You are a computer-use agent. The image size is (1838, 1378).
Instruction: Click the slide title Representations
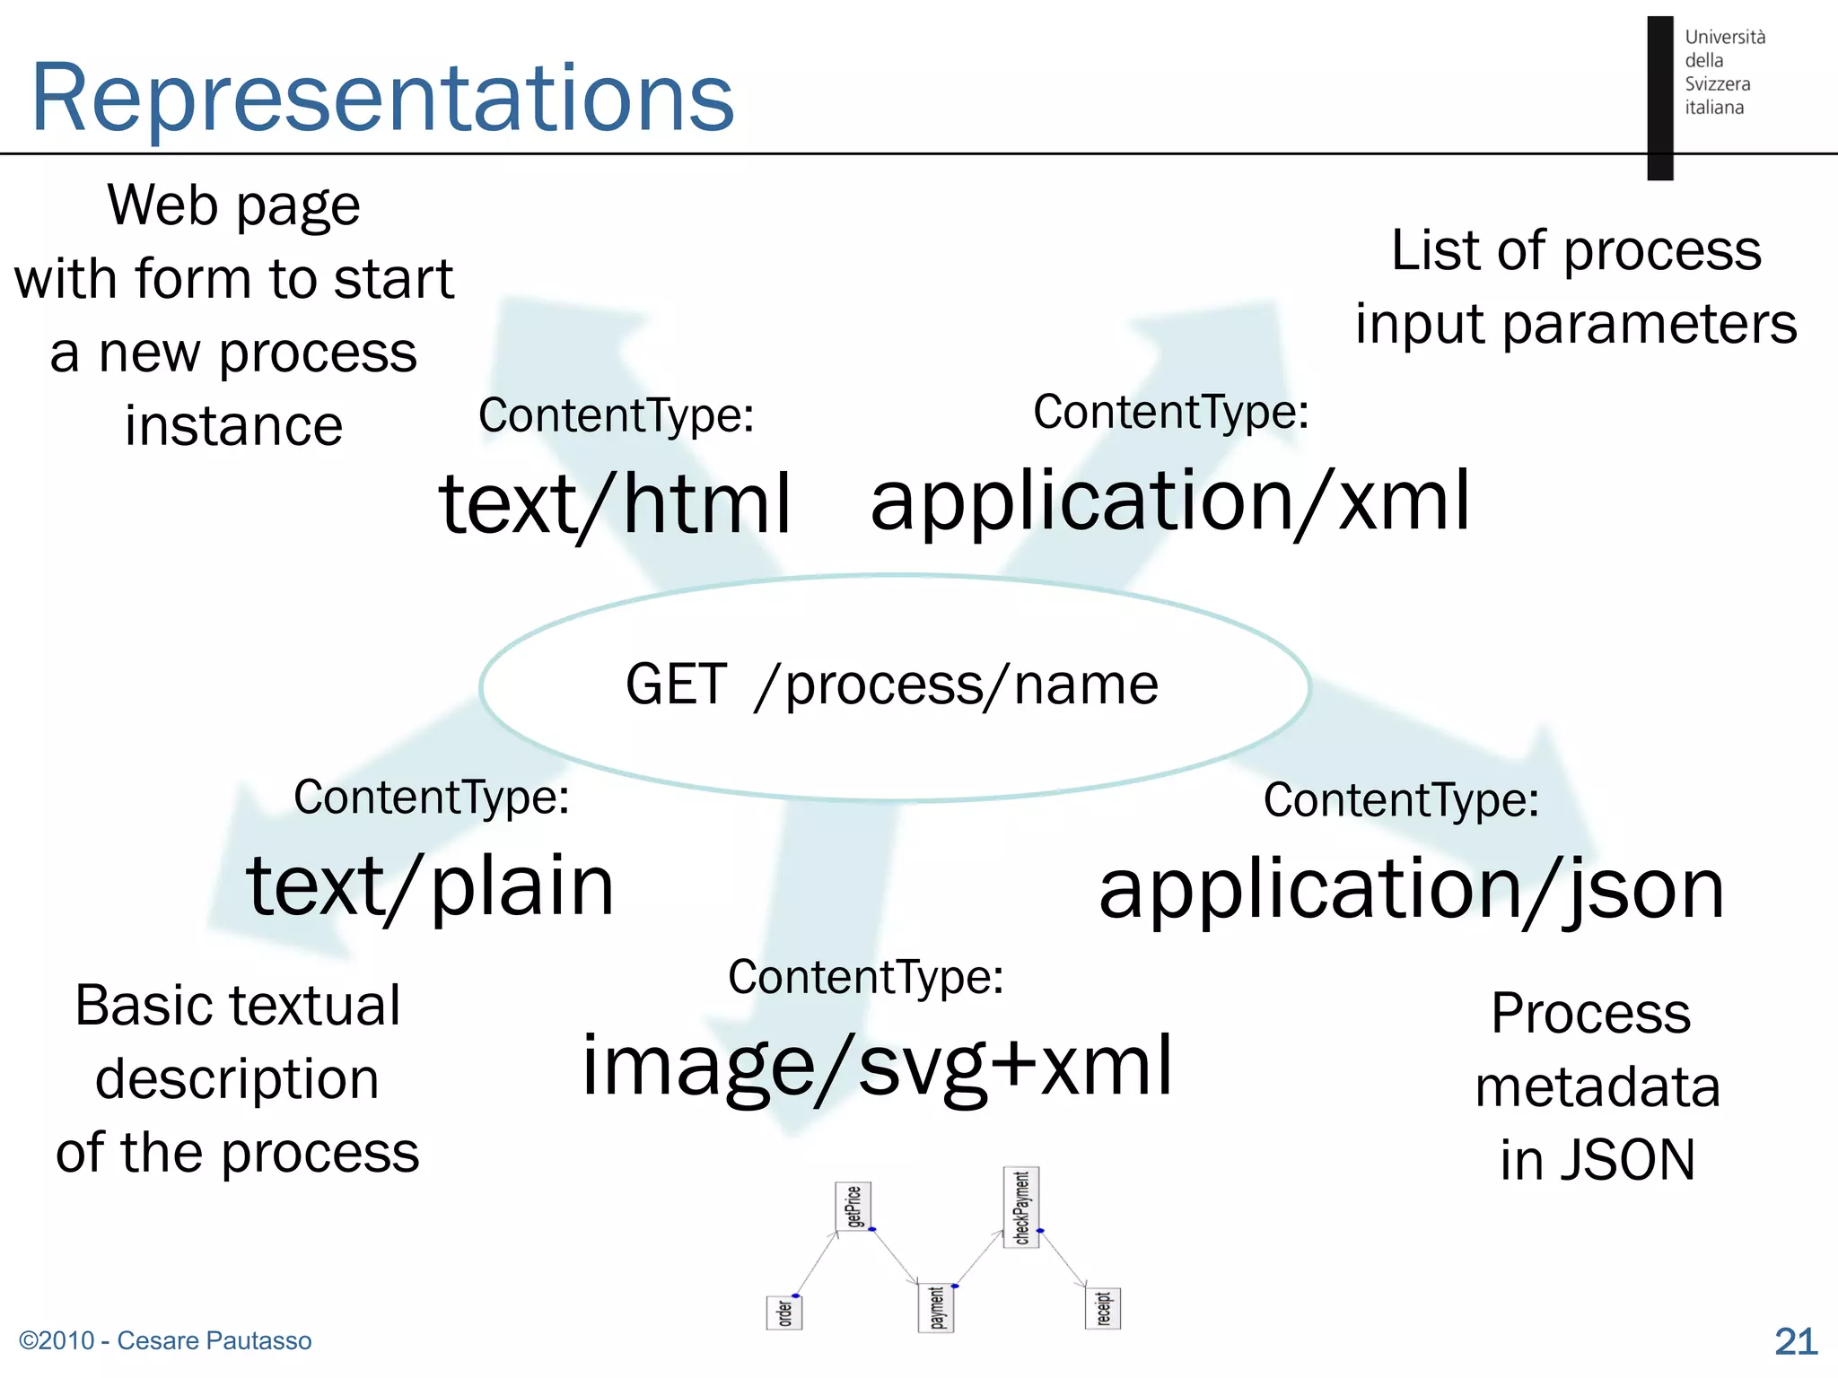382,97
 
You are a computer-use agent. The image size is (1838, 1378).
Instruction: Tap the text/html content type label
616,504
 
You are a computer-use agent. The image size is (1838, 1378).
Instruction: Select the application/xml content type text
1170,501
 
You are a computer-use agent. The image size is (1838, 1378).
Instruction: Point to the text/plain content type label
431,886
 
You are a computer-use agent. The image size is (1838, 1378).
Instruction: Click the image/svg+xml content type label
877,1066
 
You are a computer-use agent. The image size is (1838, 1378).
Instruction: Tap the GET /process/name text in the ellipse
892,685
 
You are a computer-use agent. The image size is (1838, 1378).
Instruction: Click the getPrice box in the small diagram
853,1207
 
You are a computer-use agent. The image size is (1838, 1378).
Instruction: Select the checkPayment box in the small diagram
1021,1208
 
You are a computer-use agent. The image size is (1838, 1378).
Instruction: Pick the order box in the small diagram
784,1313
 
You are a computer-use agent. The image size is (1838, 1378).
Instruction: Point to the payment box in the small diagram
936,1308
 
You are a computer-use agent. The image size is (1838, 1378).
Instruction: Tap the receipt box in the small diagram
1103,1309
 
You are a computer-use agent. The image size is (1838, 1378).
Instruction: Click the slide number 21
1796,1341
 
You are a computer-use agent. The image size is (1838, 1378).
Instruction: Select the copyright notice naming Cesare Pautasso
165,1340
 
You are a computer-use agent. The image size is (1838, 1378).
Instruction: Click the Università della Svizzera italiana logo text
1723,72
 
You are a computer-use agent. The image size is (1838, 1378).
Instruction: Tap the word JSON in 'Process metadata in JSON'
1627,1160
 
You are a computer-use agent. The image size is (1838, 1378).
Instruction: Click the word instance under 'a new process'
233,425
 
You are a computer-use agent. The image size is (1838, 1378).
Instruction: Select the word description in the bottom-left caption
237,1078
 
